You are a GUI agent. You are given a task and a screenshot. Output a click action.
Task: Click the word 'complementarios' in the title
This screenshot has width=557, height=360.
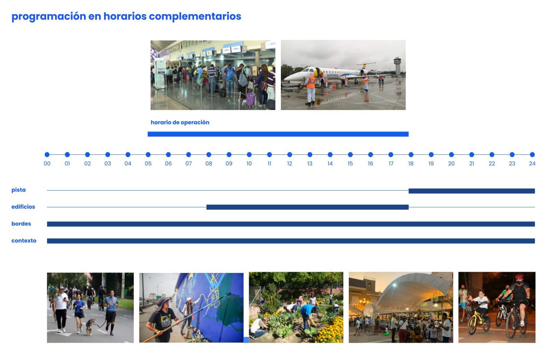195,17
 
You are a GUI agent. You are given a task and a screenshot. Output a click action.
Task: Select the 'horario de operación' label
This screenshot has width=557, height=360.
180,122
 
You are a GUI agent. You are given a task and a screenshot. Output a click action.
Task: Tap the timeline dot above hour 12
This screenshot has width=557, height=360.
290,154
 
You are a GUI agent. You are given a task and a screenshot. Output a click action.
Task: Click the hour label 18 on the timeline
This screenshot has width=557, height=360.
411,164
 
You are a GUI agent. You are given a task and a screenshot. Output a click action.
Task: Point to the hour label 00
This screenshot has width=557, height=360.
47,164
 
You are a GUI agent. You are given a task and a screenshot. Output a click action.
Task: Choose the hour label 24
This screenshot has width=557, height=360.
532,164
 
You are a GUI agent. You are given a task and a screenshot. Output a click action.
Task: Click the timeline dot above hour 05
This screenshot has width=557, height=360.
148,154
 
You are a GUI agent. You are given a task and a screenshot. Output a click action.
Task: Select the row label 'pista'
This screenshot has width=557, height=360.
19,190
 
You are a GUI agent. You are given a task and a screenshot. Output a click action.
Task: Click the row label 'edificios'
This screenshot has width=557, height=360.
23,207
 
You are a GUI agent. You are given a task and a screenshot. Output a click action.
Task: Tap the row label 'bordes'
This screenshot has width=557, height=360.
21,224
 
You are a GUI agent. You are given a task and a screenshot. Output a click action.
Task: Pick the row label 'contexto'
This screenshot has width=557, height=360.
24,240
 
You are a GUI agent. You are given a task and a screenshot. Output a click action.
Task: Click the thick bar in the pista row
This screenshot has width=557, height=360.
472,191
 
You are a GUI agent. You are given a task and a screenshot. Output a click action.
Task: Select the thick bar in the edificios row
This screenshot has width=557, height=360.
308,207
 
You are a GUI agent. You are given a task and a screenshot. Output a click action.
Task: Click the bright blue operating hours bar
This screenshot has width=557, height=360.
278,134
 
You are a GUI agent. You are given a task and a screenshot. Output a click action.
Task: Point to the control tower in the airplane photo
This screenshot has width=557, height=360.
397,66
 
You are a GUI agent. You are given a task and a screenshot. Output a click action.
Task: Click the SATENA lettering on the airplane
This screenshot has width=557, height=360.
332,75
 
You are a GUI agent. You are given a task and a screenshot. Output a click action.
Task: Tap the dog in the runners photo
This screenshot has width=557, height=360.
90,326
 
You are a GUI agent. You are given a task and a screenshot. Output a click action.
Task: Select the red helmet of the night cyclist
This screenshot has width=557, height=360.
519,277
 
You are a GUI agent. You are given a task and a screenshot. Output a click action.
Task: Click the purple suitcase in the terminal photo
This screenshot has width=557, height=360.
251,99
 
